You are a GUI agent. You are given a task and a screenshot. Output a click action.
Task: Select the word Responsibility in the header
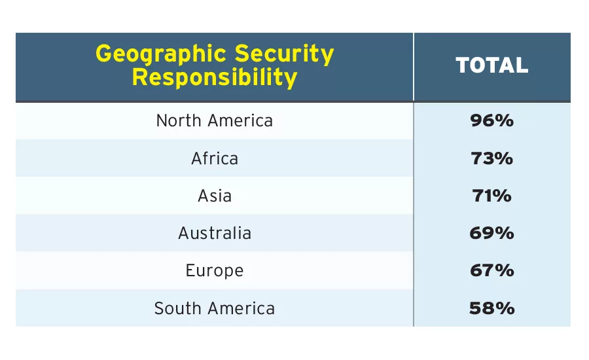pos(215,78)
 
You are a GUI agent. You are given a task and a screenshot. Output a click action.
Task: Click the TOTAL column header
pos(491,65)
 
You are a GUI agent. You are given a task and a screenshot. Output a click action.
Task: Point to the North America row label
pos(215,121)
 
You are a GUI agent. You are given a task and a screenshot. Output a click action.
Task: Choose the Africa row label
pos(215,158)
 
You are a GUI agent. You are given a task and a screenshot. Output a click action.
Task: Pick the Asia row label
pos(215,196)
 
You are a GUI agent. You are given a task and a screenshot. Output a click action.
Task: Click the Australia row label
pos(215,233)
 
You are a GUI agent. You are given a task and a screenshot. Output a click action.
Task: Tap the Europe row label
pos(215,270)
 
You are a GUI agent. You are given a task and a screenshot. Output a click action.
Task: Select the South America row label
pos(215,308)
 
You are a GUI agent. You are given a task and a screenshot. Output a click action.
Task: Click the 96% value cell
pos(491,121)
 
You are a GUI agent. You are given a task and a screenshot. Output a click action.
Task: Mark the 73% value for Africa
pos(491,158)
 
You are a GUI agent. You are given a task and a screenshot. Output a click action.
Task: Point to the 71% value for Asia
pos(491,196)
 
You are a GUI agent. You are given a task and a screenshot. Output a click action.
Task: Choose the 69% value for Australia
pos(491,233)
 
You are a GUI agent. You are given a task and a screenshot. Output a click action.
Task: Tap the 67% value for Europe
pos(491,270)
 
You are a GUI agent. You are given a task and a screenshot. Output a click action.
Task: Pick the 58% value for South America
pos(491,308)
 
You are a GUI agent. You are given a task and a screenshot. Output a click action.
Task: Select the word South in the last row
pos(175,308)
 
